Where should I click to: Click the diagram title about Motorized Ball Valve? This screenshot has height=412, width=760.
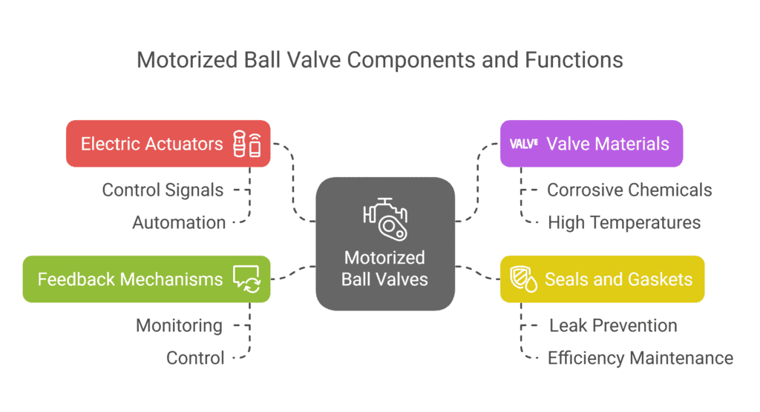click(x=380, y=59)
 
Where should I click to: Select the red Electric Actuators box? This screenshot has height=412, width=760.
click(x=168, y=144)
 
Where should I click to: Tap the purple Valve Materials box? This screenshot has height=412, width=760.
click(x=591, y=144)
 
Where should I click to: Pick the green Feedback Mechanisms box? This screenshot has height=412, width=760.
click(x=146, y=279)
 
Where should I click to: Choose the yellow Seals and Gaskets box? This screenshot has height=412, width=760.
click(x=602, y=279)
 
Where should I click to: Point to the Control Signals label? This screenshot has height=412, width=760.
click(x=163, y=190)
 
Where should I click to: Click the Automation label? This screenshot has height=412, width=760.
click(x=179, y=222)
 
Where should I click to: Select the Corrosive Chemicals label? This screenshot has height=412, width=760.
click(x=629, y=190)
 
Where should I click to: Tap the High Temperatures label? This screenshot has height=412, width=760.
click(x=623, y=222)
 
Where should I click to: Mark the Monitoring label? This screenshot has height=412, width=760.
click(x=179, y=325)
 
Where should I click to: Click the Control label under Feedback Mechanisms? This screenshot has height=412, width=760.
click(x=195, y=358)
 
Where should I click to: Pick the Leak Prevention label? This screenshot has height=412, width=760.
click(x=613, y=325)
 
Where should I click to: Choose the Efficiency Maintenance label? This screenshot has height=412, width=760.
click(x=640, y=358)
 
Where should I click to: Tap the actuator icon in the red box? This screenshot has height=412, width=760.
click(x=247, y=144)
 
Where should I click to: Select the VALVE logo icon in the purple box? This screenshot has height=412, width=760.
click(x=524, y=144)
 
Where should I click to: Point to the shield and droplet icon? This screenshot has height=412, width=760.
click(x=525, y=280)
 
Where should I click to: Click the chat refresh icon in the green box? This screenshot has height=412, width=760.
click(x=246, y=279)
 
